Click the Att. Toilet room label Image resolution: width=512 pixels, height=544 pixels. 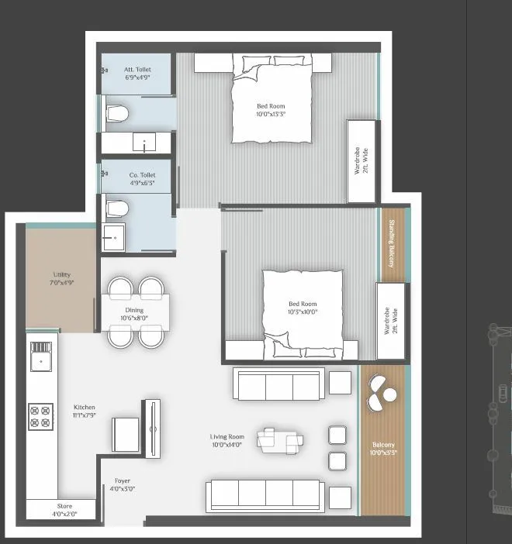click(x=137, y=74)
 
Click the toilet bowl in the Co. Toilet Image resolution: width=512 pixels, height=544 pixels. click(x=116, y=207)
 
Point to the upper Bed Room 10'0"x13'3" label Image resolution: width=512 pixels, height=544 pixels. click(x=272, y=109)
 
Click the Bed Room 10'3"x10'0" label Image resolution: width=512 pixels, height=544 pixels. click(x=303, y=308)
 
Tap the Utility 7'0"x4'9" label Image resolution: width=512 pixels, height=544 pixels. click(x=63, y=278)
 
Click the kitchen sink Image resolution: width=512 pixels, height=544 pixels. click(x=40, y=359)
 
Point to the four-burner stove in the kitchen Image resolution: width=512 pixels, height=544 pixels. click(x=40, y=416)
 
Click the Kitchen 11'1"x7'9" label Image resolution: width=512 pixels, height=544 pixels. click(x=85, y=411)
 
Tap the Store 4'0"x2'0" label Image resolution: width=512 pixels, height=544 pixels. click(x=64, y=511)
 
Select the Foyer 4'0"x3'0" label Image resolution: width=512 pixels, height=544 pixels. click(x=123, y=484)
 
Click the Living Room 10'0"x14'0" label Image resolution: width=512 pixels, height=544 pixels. click(x=227, y=440)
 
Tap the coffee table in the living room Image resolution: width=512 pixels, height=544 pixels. click(x=280, y=439)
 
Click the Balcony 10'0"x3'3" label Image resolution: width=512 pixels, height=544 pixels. click(x=382, y=449)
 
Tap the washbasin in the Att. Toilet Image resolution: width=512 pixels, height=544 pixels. click(x=145, y=143)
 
